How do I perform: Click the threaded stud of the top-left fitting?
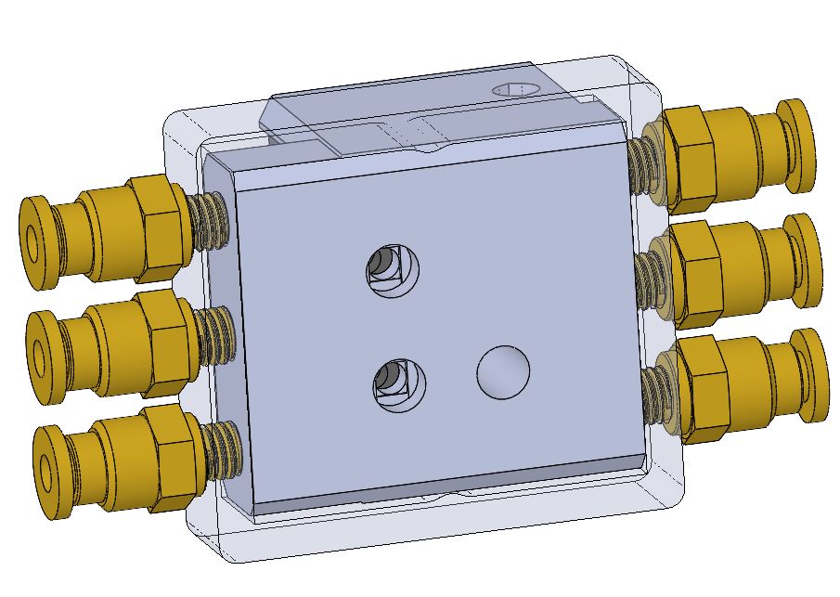pos(210,221)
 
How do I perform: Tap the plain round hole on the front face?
pos(503,371)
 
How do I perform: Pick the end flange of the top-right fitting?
pos(797,144)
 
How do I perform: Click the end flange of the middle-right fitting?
pos(804,260)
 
